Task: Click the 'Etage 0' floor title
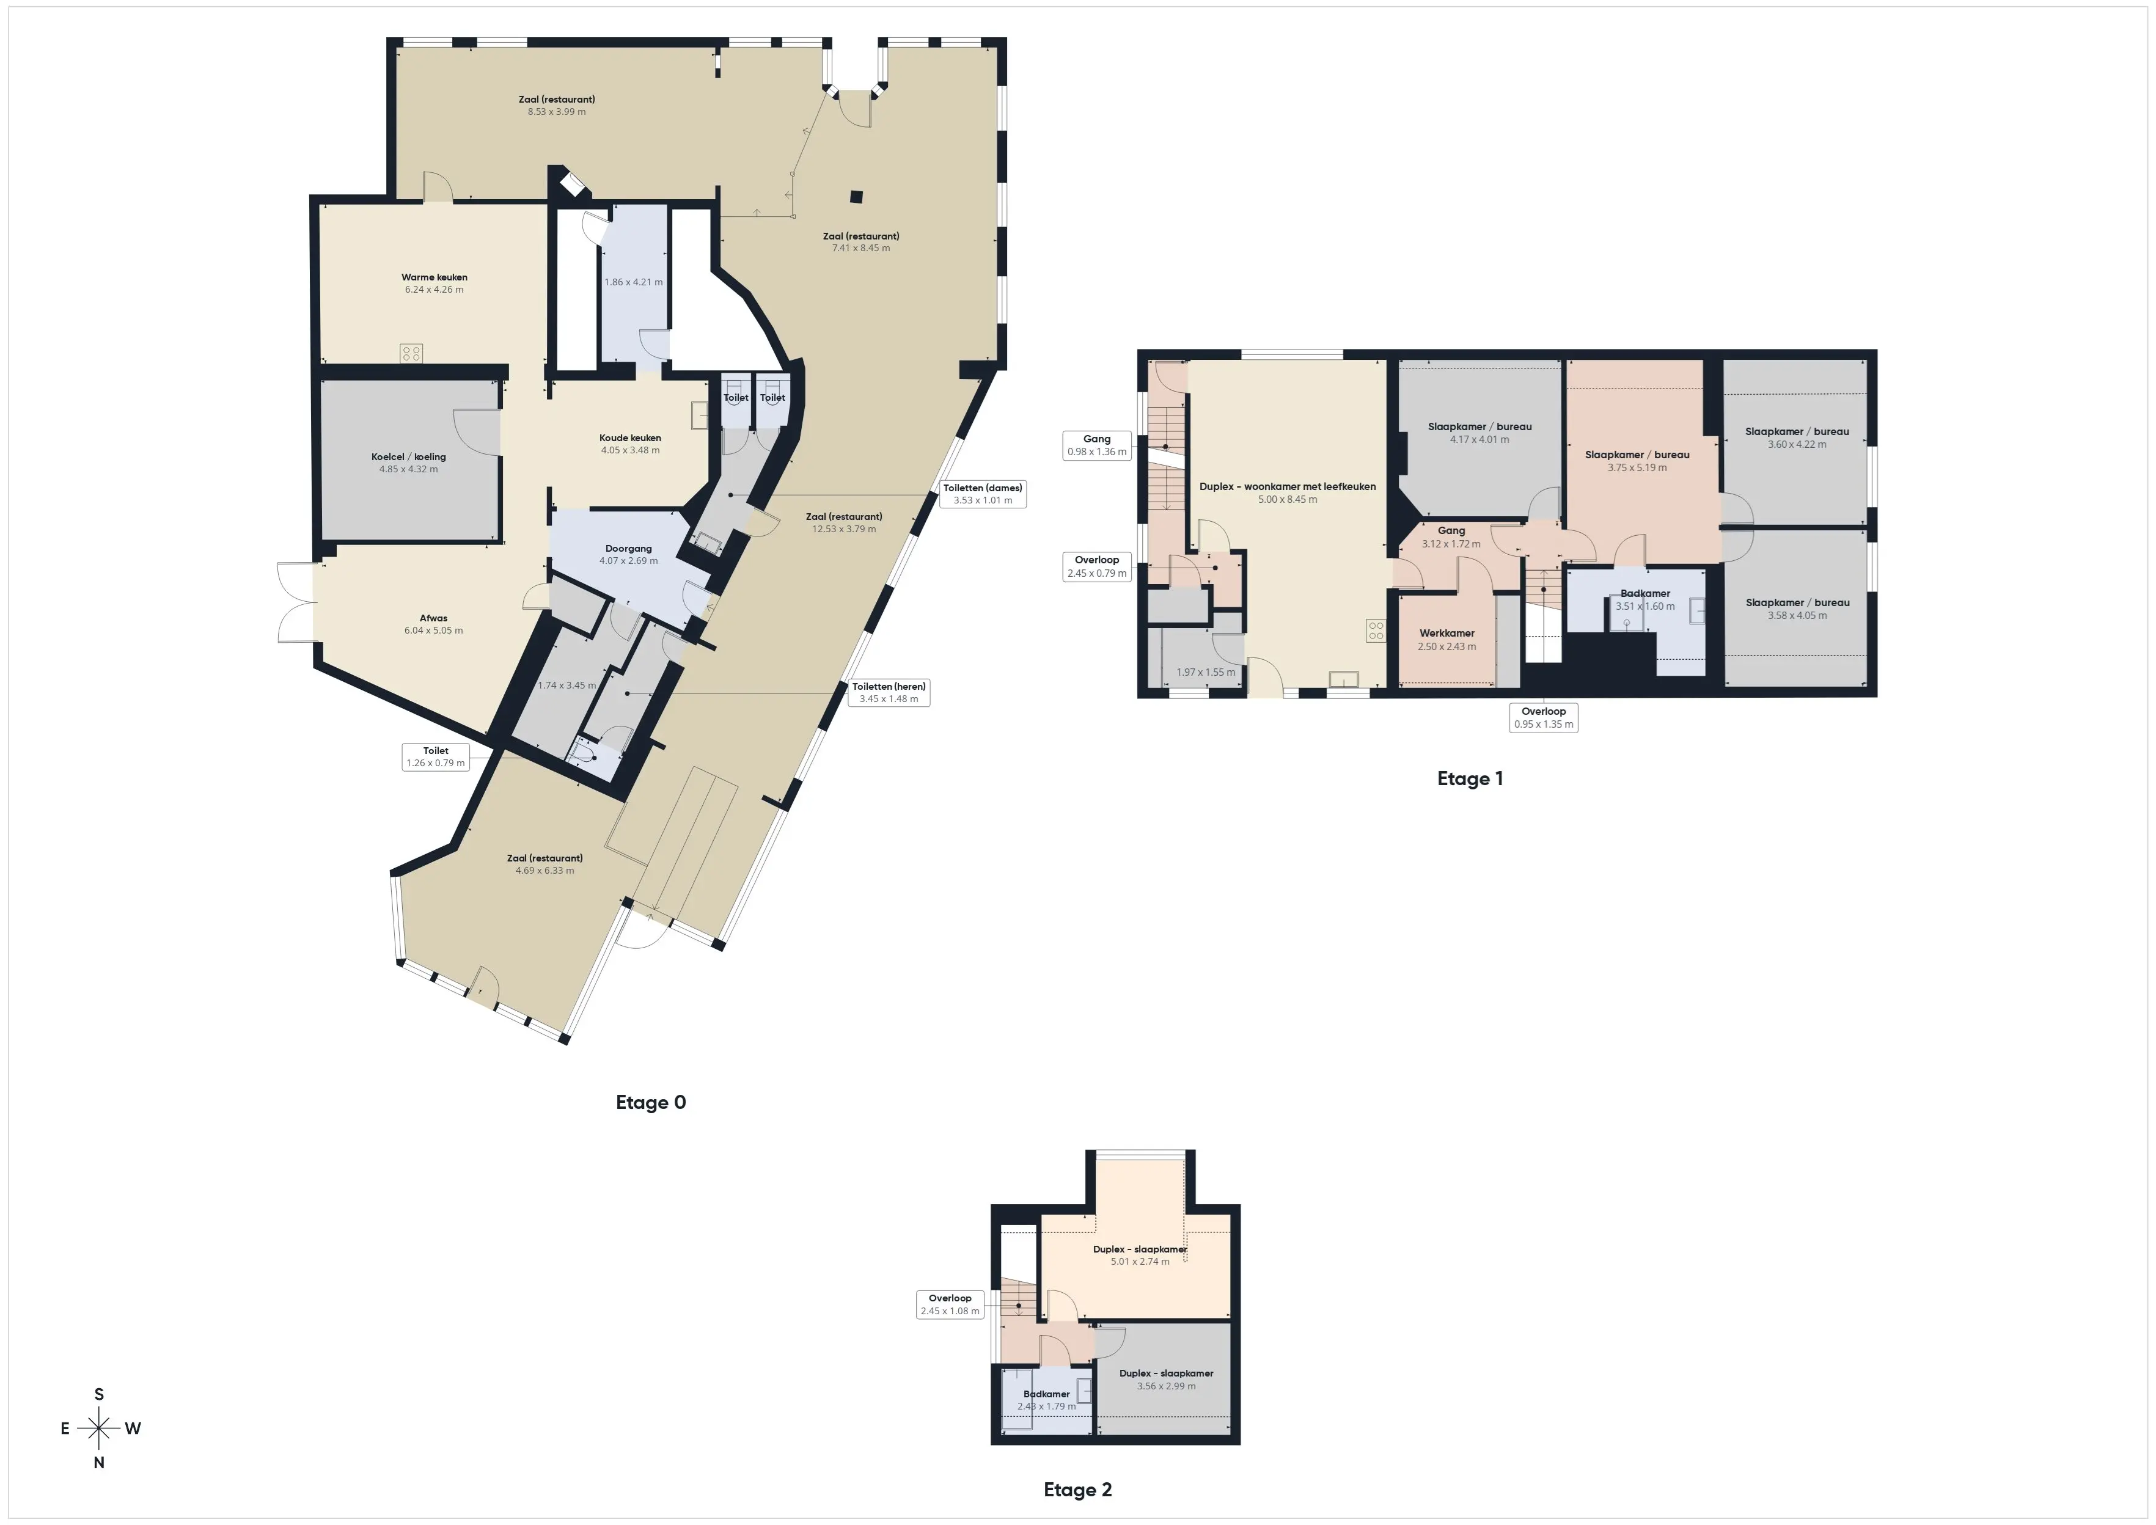(x=651, y=1102)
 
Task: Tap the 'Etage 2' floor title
(x=1078, y=1490)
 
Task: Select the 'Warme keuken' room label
(x=434, y=277)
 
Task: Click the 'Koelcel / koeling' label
(x=408, y=457)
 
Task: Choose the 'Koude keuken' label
(x=630, y=437)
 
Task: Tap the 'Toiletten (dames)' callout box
(x=983, y=494)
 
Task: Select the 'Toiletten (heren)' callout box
(x=889, y=692)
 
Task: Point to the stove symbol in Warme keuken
(x=411, y=353)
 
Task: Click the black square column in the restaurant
(x=856, y=197)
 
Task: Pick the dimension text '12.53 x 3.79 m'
(x=844, y=528)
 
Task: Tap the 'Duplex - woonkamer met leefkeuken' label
(x=1288, y=486)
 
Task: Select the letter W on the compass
(x=133, y=1428)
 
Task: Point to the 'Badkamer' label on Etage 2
(x=1046, y=1394)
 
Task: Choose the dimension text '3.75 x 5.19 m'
(x=1637, y=467)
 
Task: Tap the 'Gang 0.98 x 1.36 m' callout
(x=1097, y=445)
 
